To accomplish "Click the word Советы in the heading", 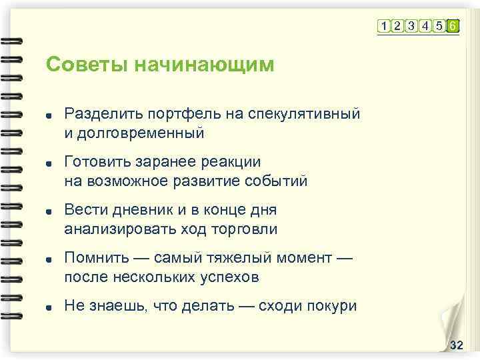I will pyautogui.click(x=86, y=65).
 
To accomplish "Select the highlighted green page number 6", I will pyautogui.click(x=453, y=26).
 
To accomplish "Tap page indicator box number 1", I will pyautogui.click(x=384, y=26).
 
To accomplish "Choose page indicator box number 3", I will pyautogui.click(x=411, y=26).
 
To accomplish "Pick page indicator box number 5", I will pyautogui.click(x=439, y=26).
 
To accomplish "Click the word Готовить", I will pyautogui.click(x=94, y=162).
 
